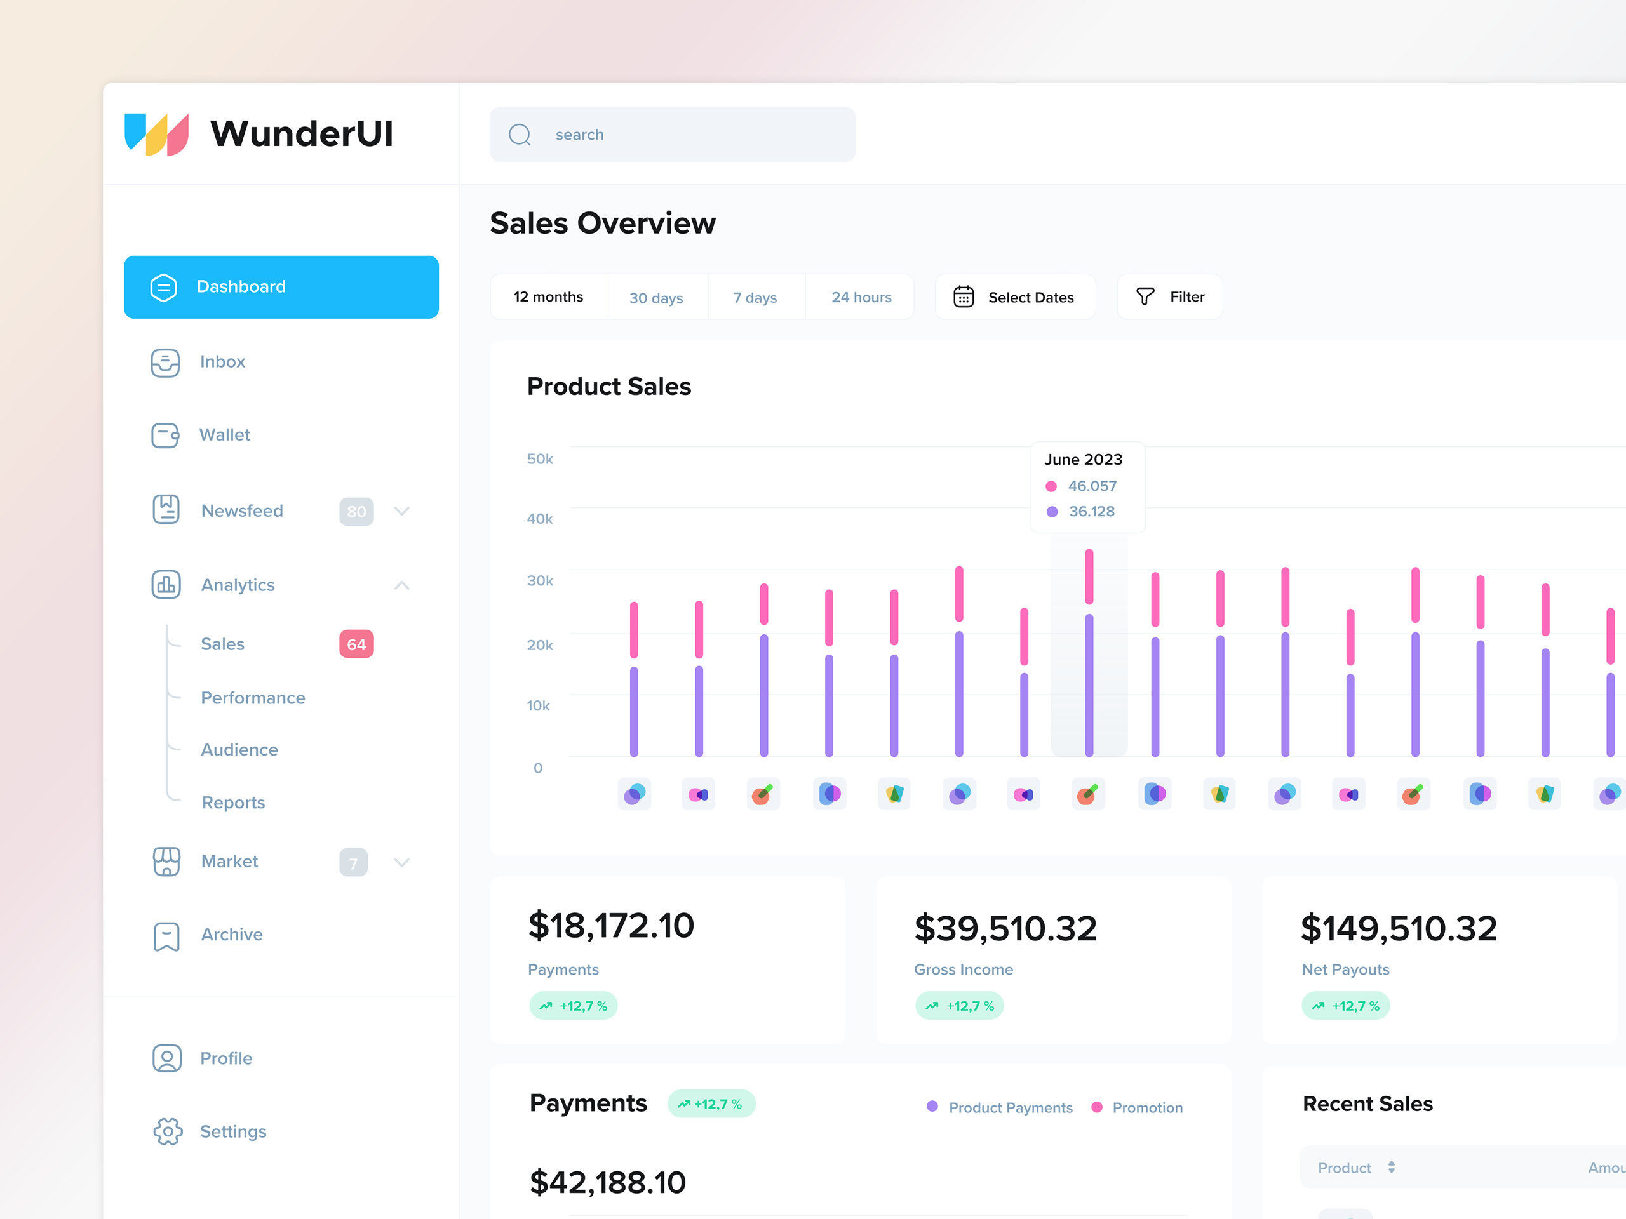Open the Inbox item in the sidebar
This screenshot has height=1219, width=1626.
(x=222, y=361)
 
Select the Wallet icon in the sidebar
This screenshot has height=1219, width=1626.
(x=165, y=435)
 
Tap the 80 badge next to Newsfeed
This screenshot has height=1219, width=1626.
(x=356, y=511)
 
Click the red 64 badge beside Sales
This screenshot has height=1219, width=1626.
(x=356, y=644)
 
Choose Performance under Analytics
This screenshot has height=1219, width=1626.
(x=253, y=698)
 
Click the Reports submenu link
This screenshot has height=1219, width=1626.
(x=233, y=803)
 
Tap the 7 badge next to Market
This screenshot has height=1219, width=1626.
(x=353, y=863)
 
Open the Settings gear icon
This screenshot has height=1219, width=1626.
(x=168, y=1131)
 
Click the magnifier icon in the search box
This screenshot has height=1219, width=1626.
(x=520, y=135)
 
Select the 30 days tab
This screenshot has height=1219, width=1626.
(x=655, y=298)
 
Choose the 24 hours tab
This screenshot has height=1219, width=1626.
(x=861, y=298)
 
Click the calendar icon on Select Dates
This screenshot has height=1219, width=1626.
(x=963, y=297)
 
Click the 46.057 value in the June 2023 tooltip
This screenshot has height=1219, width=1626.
(x=1092, y=486)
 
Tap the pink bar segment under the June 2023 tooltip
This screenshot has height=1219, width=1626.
(x=1089, y=576)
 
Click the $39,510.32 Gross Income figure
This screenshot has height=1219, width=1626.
(x=1005, y=928)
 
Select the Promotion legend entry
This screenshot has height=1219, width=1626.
(x=1146, y=1107)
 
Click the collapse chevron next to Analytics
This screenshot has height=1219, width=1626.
(x=401, y=585)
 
